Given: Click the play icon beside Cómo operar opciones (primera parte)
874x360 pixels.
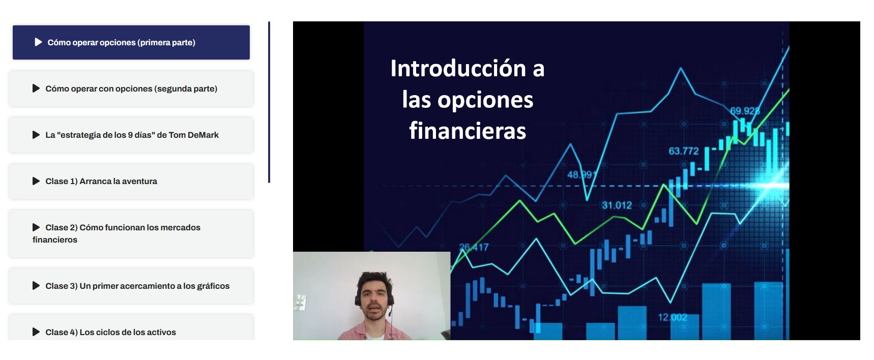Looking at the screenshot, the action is (38, 42).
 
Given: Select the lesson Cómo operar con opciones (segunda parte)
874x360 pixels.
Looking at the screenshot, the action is (131, 88).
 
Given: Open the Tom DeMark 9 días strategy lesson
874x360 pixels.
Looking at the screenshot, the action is (131, 135).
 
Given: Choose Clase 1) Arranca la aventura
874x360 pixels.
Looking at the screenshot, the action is (131, 181).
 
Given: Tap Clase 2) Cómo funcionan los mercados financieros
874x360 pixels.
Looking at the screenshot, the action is (131, 233).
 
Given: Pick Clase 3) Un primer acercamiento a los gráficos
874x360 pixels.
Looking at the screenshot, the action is (131, 286).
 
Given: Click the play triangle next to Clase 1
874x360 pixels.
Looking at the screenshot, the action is (36, 181).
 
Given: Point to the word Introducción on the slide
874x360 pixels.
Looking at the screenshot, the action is (458, 68).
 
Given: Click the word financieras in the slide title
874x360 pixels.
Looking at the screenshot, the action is (468, 131).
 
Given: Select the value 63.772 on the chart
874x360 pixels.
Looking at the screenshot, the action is (684, 151).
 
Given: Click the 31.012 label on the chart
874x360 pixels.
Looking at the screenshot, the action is (617, 205).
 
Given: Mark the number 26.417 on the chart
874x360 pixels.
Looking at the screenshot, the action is (474, 247).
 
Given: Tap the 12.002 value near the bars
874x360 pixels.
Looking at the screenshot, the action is (673, 317).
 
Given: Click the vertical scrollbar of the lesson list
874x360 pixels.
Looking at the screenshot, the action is (269, 102).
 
